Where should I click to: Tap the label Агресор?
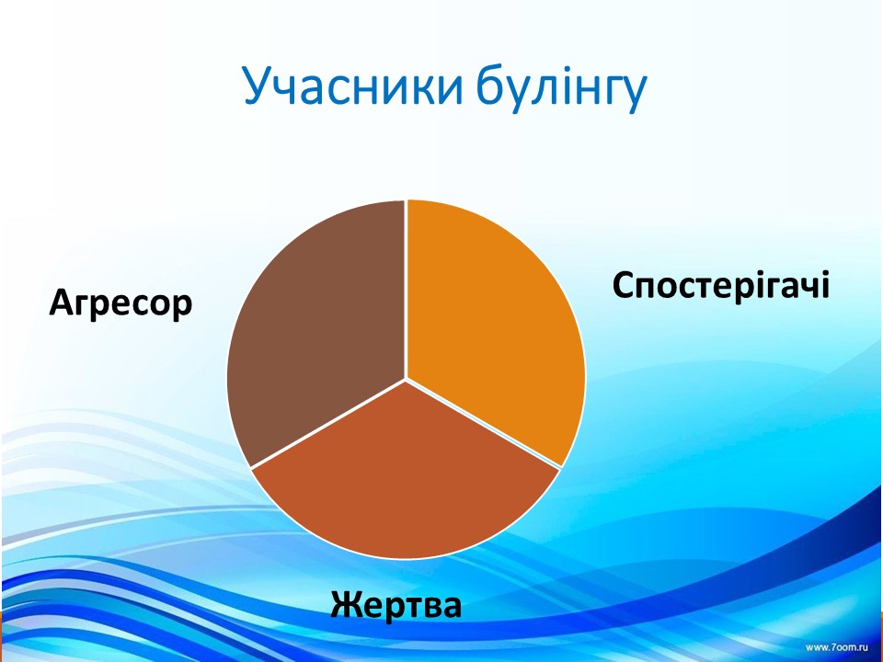[121, 304]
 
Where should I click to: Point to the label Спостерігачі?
[721, 286]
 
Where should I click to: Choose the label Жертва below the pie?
[396, 606]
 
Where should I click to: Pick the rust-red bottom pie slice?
[406, 478]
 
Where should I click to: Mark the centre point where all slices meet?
[406, 379]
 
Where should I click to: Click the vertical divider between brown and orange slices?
[406, 290]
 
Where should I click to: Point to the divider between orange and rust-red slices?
[483, 423]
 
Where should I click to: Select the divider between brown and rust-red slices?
[327, 423]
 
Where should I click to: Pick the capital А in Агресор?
[62, 302]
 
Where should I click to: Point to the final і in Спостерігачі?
[826, 284]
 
